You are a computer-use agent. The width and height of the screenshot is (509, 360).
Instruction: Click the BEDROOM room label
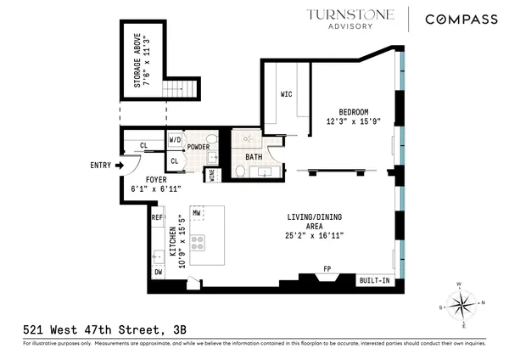(354, 112)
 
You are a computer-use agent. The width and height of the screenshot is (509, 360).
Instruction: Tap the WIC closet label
(286, 94)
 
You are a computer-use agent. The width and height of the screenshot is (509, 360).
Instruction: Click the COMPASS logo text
(461, 19)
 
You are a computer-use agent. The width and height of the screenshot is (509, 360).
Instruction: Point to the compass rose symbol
(462, 304)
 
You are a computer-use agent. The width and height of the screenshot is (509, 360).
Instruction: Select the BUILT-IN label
(373, 279)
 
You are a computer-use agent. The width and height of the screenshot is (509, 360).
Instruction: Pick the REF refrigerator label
(157, 218)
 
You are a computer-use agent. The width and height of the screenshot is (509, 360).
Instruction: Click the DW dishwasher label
(158, 273)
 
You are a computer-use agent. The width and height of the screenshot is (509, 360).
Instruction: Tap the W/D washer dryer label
(176, 140)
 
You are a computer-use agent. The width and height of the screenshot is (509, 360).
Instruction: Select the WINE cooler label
(211, 176)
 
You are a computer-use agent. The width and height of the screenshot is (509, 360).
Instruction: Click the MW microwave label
(196, 212)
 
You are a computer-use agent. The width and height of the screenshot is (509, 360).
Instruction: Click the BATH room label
(254, 157)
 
